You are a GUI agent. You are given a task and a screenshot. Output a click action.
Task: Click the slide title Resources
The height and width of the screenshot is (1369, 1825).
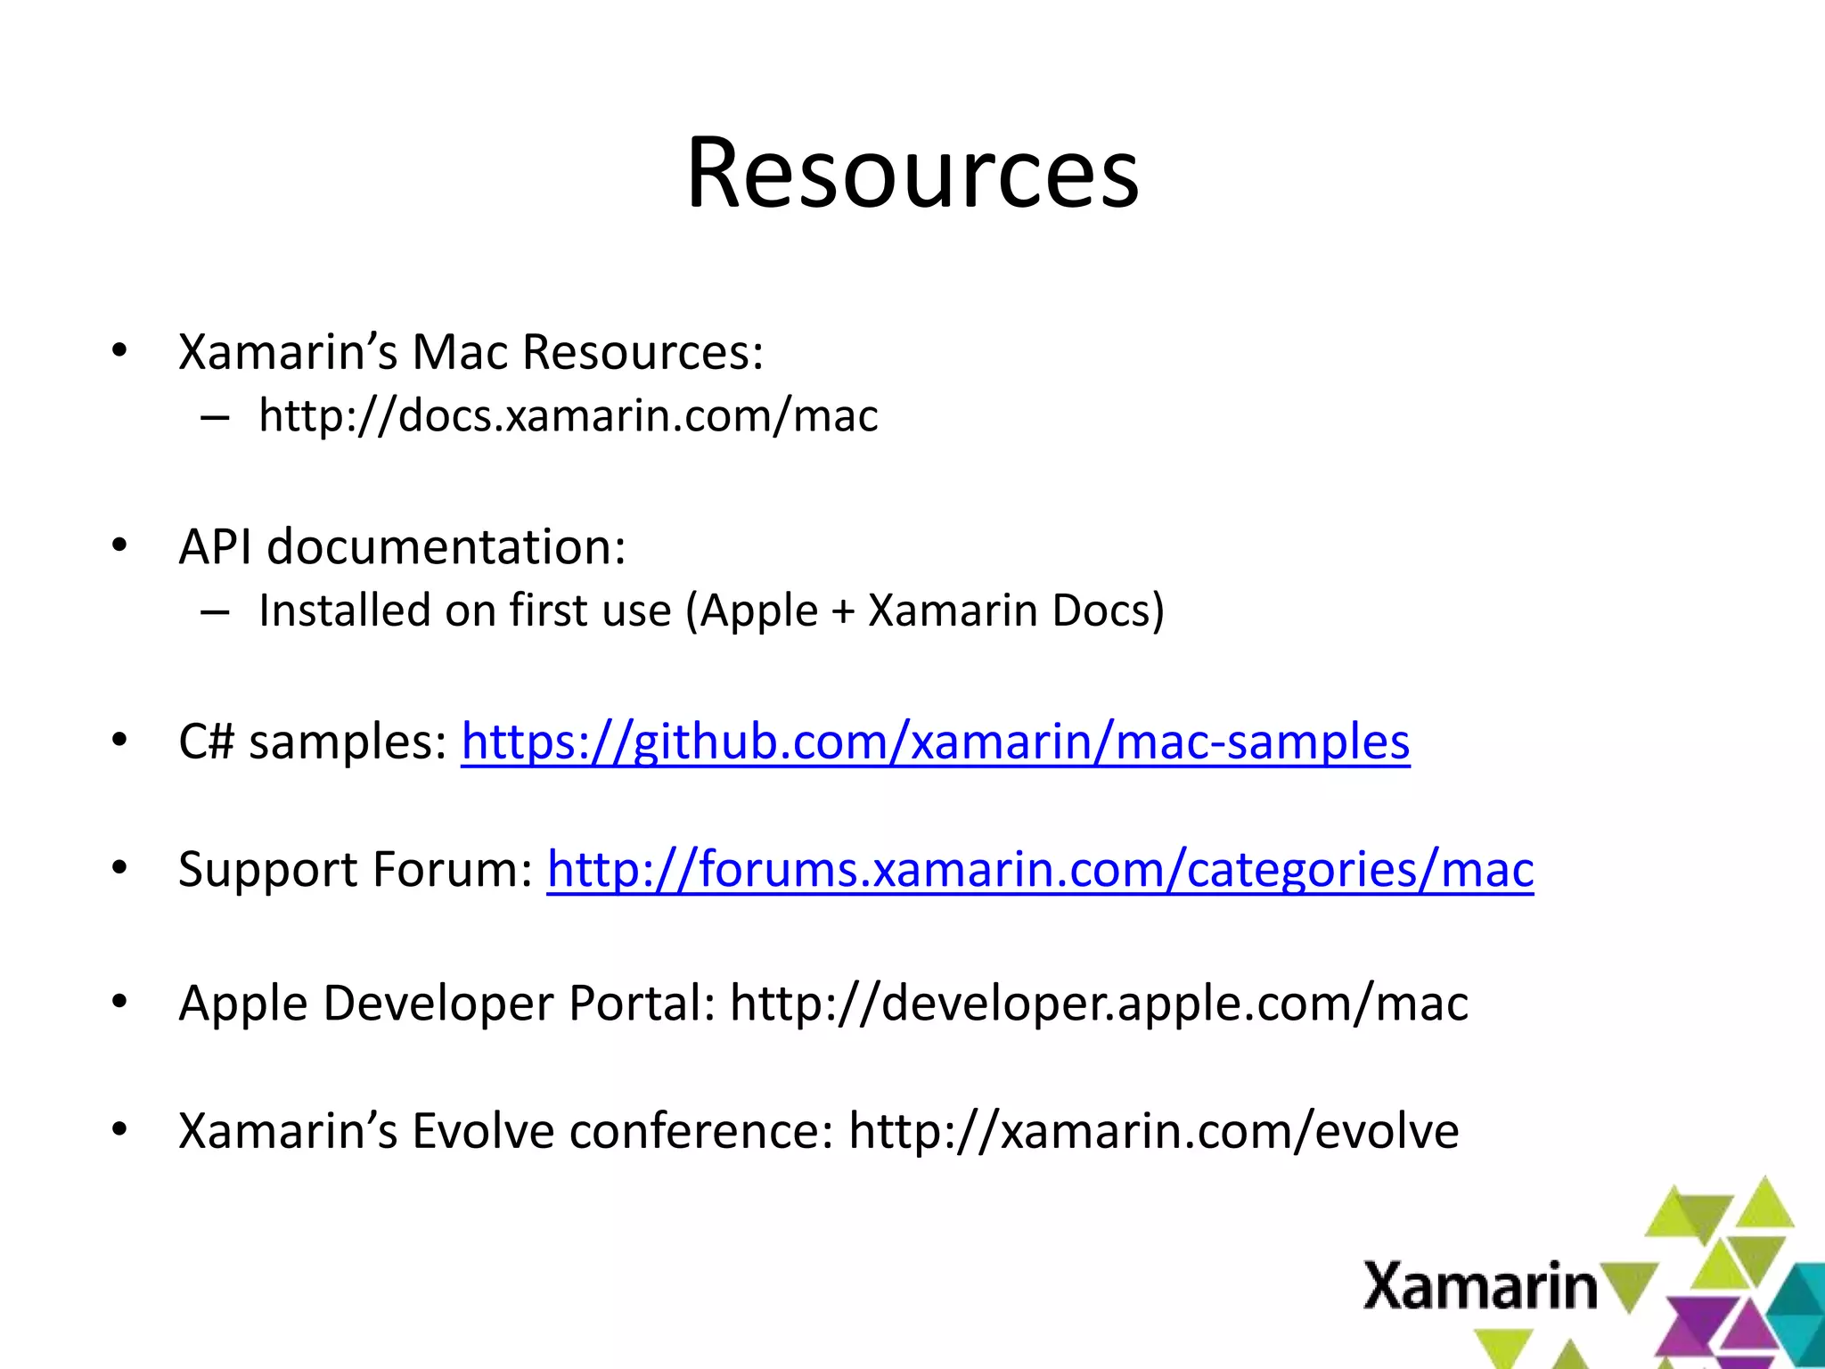912,173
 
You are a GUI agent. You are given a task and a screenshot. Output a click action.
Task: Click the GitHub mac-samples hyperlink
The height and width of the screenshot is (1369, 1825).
935,742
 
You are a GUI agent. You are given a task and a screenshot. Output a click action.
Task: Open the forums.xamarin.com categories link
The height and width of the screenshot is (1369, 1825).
1040,869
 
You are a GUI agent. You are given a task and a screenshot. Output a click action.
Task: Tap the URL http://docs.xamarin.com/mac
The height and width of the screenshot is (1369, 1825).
569,416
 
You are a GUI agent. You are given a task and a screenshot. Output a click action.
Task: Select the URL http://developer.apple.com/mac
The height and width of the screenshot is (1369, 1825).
1099,1004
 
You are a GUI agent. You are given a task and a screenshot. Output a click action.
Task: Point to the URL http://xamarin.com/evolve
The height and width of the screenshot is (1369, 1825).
1154,1131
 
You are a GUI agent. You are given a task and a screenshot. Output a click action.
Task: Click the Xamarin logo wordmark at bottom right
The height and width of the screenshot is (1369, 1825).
1479,1286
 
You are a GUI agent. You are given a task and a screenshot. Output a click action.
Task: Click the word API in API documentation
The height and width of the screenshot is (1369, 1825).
215,546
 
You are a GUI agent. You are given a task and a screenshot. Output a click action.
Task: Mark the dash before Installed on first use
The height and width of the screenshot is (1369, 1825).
215,612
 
